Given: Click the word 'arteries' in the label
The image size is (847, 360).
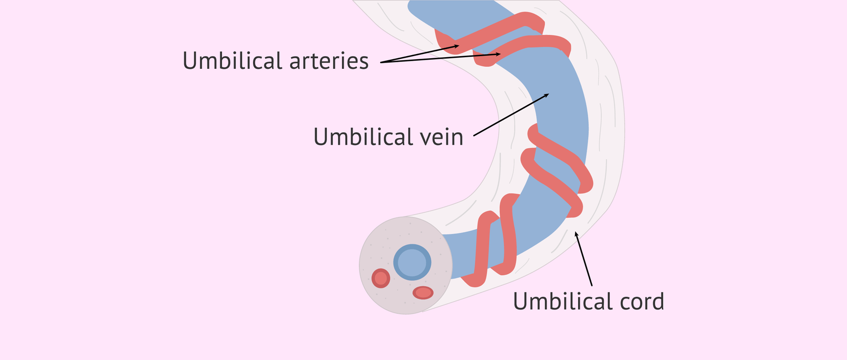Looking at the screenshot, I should pyautogui.click(x=329, y=61).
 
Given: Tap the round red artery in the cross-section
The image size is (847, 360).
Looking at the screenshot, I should pyautogui.click(x=381, y=278).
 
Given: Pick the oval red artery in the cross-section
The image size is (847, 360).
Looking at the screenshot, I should pyautogui.click(x=423, y=292).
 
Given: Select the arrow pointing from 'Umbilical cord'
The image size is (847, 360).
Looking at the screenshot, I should pyautogui.click(x=584, y=259).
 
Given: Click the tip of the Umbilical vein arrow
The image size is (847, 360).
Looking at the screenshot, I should pyautogui.click(x=548, y=94).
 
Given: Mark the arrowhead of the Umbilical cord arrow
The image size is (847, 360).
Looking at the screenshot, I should pyautogui.click(x=576, y=232).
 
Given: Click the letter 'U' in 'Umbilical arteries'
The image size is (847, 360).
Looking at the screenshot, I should pyautogui.click(x=190, y=61).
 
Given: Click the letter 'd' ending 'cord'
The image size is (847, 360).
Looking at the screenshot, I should pyautogui.click(x=657, y=302).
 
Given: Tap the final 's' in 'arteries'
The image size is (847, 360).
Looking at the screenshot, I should pyautogui.click(x=364, y=62).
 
